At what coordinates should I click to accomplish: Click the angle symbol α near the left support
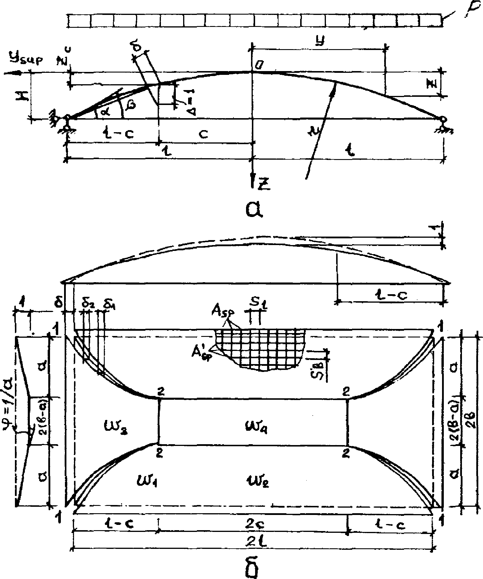tap(105, 113)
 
